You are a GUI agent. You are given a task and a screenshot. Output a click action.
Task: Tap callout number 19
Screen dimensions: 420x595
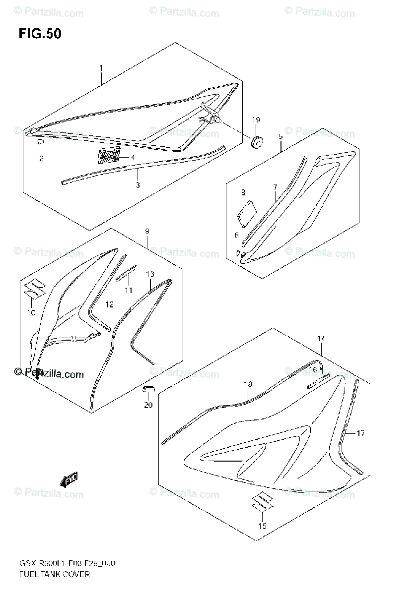(x=256, y=120)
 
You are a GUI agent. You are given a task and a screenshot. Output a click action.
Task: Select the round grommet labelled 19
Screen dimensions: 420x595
(x=257, y=142)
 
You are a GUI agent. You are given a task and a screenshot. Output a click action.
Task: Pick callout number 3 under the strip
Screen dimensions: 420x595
(x=138, y=185)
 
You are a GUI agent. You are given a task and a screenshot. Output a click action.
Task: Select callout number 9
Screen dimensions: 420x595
(x=147, y=231)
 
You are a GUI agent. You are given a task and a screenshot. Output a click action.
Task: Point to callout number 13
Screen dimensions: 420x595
(x=150, y=274)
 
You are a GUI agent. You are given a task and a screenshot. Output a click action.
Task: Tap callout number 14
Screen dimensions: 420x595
(x=321, y=339)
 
